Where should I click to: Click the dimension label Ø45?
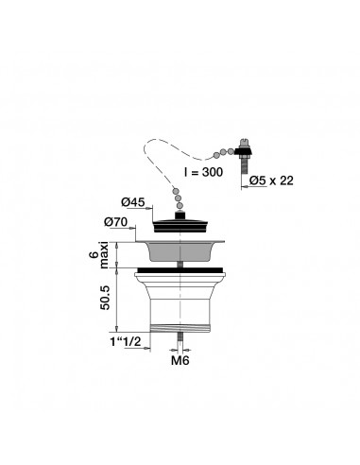point(132,202)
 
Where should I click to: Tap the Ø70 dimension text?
point(116,222)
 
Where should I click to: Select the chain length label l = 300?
point(203,172)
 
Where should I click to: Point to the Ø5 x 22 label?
point(271,181)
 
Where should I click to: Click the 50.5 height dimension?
point(105,298)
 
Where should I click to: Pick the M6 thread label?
point(180,360)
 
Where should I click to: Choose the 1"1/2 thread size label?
point(126,342)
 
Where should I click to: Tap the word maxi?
point(104,255)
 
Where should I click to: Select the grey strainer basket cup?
point(180,251)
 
